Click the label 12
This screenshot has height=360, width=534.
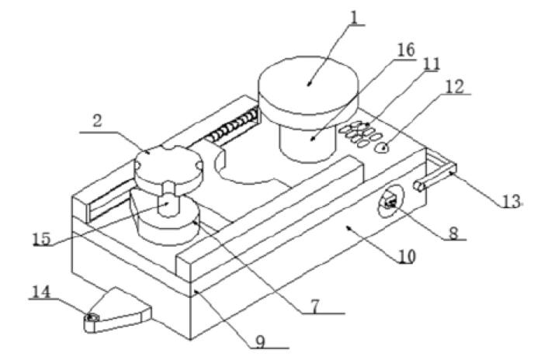(x=456, y=87)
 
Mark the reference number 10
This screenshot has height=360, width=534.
(x=405, y=254)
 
